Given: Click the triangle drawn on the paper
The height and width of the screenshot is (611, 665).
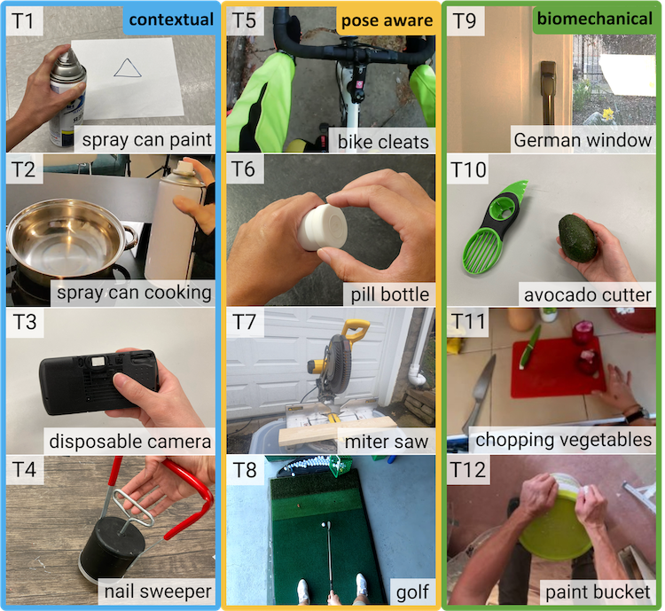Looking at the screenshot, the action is (x=128, y=69).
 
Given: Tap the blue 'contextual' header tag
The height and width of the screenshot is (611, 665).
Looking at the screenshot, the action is (x=170, y=20).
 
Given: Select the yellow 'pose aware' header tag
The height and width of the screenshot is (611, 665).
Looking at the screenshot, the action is (x=387, y=20).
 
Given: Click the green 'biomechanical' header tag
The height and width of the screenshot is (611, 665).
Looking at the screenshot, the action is (x=594, y=20).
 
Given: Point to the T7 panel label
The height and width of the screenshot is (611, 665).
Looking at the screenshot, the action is (x=245, y=322).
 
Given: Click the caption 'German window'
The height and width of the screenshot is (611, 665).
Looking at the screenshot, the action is (x=583, y=140).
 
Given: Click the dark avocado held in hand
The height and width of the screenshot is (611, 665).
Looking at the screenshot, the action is (x=577, y=238).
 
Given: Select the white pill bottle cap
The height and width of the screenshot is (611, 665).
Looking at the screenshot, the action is (x=323, y=227).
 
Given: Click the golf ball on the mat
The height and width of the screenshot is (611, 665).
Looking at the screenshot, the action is (x=325, y=525).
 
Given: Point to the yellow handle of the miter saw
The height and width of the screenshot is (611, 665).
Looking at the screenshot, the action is (x=356, y=329).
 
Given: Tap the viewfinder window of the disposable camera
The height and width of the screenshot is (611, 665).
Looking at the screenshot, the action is (x=98, y=362).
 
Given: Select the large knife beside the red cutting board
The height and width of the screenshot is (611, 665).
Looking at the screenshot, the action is (x=479, y=394).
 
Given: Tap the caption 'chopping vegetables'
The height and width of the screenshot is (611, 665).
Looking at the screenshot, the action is (x=563, y=440).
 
